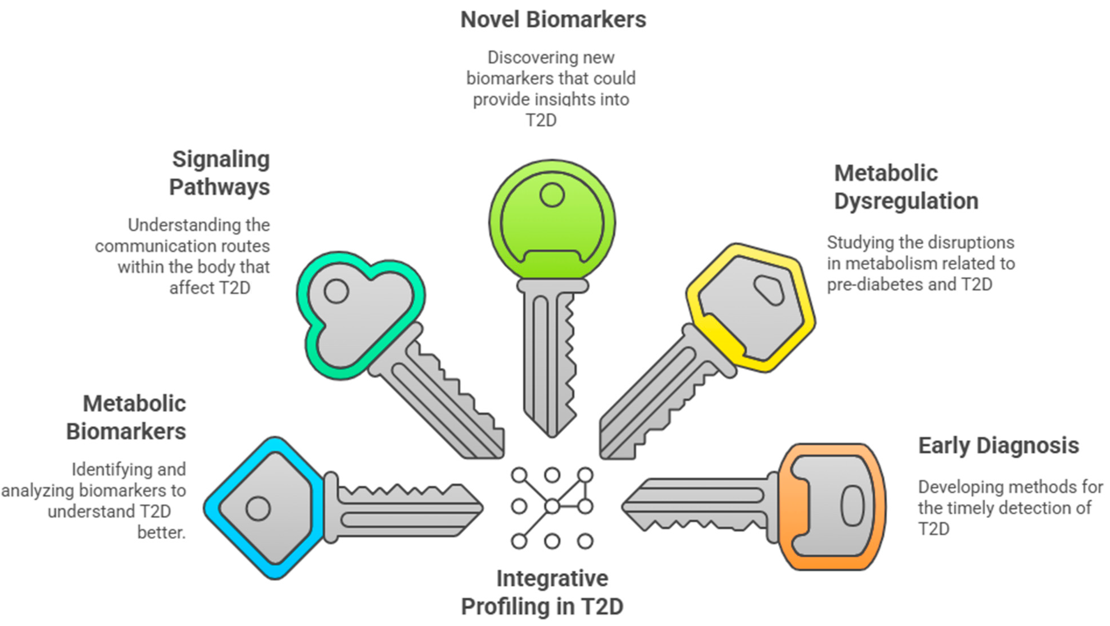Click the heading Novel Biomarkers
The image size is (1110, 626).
pyautogui.click(x=553, y=20)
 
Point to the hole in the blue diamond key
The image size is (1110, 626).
pyautogui.click(x=258, y=509)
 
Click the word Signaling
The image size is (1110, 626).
pyautogui.click(x=221, y=160)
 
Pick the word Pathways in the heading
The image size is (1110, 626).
pyautogui.click(x=219, y=187)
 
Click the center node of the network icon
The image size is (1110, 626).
pyautogui.click(x=552, y=507)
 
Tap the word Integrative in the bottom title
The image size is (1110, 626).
pyautogui.click(x=552, y=579)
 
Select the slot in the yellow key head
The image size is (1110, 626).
pyautogui.click(x=768, y=290)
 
